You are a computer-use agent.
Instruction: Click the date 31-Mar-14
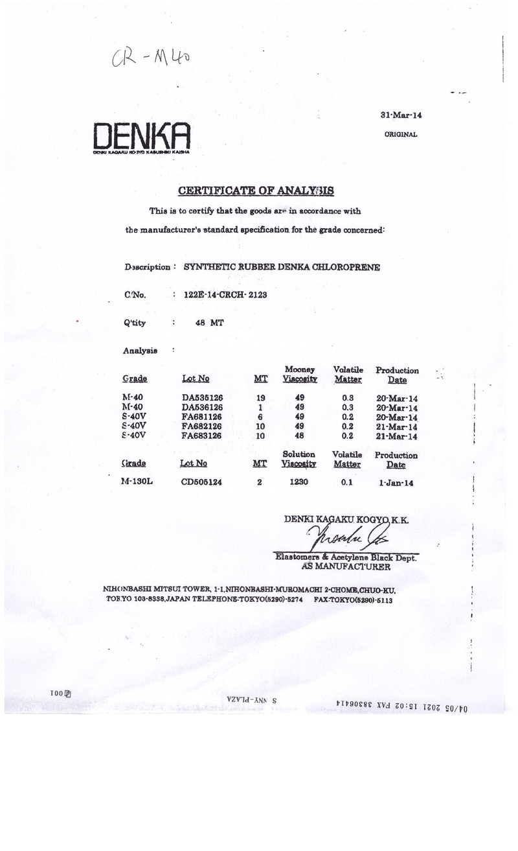pyautogui.click(x=401, y=115)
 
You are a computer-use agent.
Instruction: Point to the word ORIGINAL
pyautogui.click(x=401, y=135)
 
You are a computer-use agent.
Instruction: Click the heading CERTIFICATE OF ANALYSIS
pyautogui.click(x=256, y=191)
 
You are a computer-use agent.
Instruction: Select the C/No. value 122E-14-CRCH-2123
pyautogui.click(x=225, y=295)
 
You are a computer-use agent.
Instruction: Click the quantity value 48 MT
pyautogui.click(x=209, y=322)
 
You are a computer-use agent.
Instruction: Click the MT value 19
pyautogui.click(x=261, y=398)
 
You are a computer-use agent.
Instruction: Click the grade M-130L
pyautogui.click(x=137, y=482)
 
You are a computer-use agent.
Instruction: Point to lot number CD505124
pyautogui.click(x=202, y=482)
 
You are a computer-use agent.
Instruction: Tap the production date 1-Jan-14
pyautogui.click(x=396, y=483)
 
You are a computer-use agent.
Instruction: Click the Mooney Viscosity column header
pyautogui.click(x=299, y=374)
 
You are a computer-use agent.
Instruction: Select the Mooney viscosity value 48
pyautogui.click(x=299, y=436)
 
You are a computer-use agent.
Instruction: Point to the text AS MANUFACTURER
pyautogui.click(x=346, y=566)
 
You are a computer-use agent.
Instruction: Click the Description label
pyautogui.click(x=148, y=267)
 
